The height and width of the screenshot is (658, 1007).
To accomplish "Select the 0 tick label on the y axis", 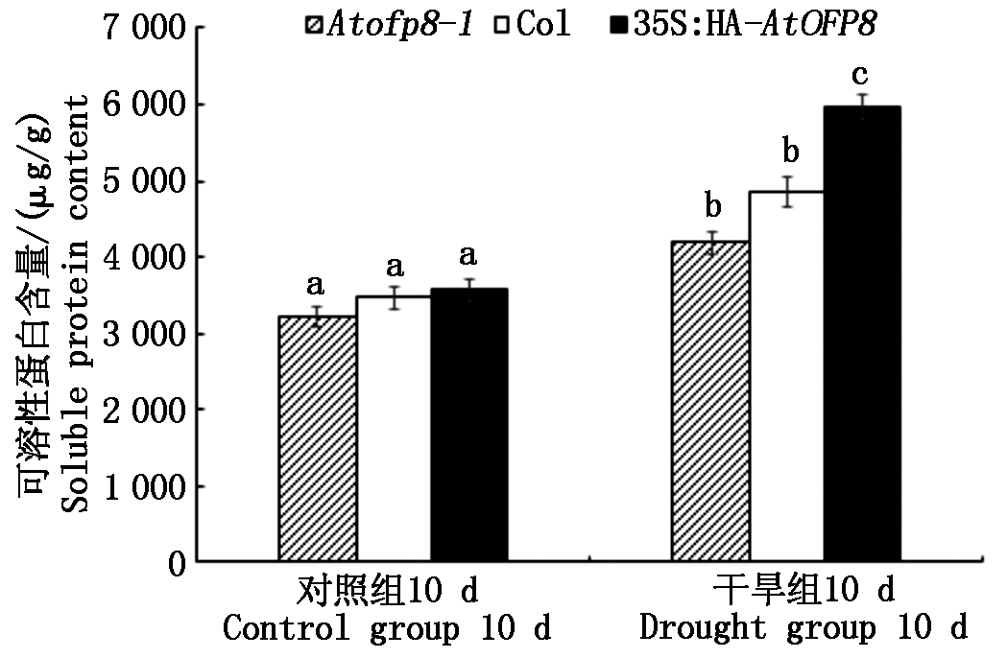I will pyautogui.click(x=175, y=563).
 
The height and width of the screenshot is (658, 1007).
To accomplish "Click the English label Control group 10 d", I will pyautogui.click(x=389, y=629).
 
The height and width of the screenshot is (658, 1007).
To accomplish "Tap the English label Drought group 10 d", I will pyautogui.click(x=803, y=629).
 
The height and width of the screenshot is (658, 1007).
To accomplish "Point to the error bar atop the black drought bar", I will pyautogui.click(x=861, y=106).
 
